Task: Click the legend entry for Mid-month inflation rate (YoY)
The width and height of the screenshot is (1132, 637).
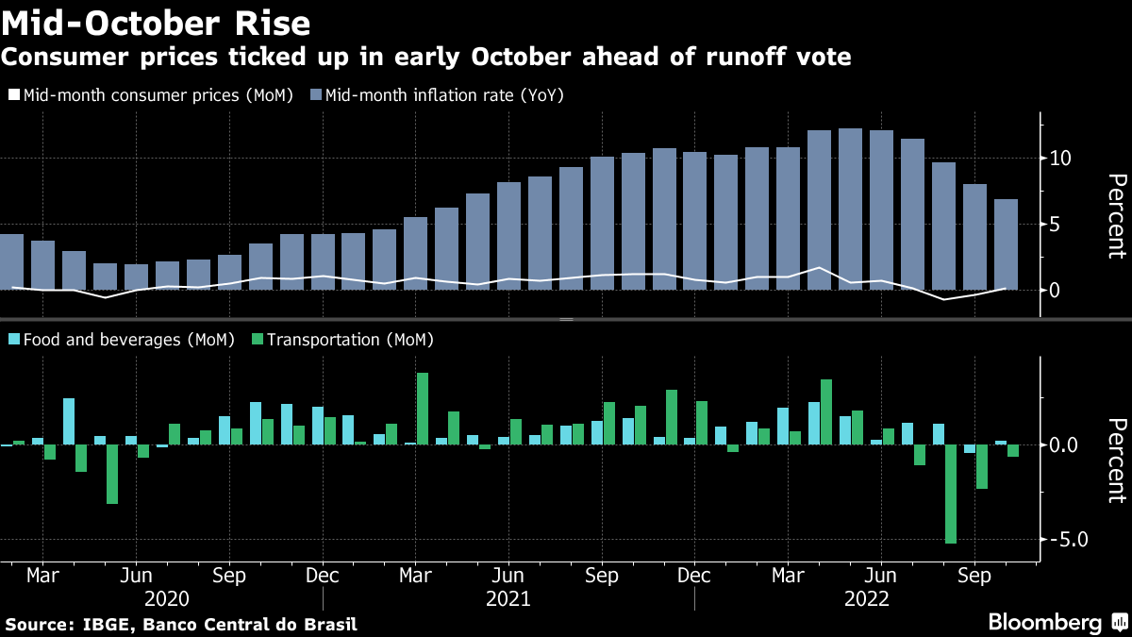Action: [443, 95]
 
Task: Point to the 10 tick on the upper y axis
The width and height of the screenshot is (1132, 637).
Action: [1060, 158]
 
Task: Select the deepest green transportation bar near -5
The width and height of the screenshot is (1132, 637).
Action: [950, 493]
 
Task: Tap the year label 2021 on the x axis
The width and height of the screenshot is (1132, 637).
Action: [508, 599]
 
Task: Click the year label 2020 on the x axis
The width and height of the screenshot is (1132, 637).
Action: [168, 599]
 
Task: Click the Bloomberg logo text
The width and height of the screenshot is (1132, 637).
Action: [1044, 622]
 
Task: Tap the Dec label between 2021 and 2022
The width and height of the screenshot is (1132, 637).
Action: [694, 576]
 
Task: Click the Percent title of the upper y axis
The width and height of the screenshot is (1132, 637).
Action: [1116, 216]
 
